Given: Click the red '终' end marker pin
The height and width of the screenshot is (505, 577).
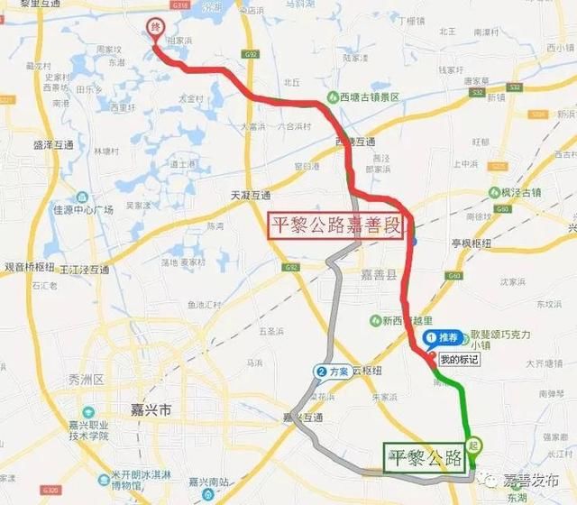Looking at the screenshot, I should [x=155, y=30].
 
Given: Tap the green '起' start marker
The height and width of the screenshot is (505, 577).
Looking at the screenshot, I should [x=474, y=444].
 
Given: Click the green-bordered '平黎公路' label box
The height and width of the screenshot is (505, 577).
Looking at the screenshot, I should [x=423, y=456].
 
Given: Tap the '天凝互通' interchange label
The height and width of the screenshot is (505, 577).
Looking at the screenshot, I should [x=250, y=194].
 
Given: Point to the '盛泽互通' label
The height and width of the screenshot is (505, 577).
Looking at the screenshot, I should [x=52, y=144].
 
